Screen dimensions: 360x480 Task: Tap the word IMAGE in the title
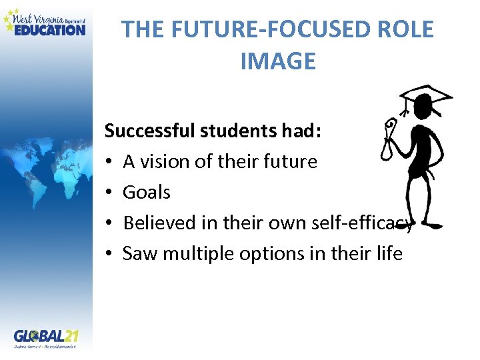click(x=277, y=62)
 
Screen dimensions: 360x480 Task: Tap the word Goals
click(x=147, y=193)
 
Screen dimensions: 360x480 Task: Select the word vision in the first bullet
click(x=161, y=161)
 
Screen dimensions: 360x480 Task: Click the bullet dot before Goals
click(x=109, y=193)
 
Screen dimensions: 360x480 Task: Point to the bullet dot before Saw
click(x=109, y=254)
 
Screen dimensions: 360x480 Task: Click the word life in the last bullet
click(x=391, y=253)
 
